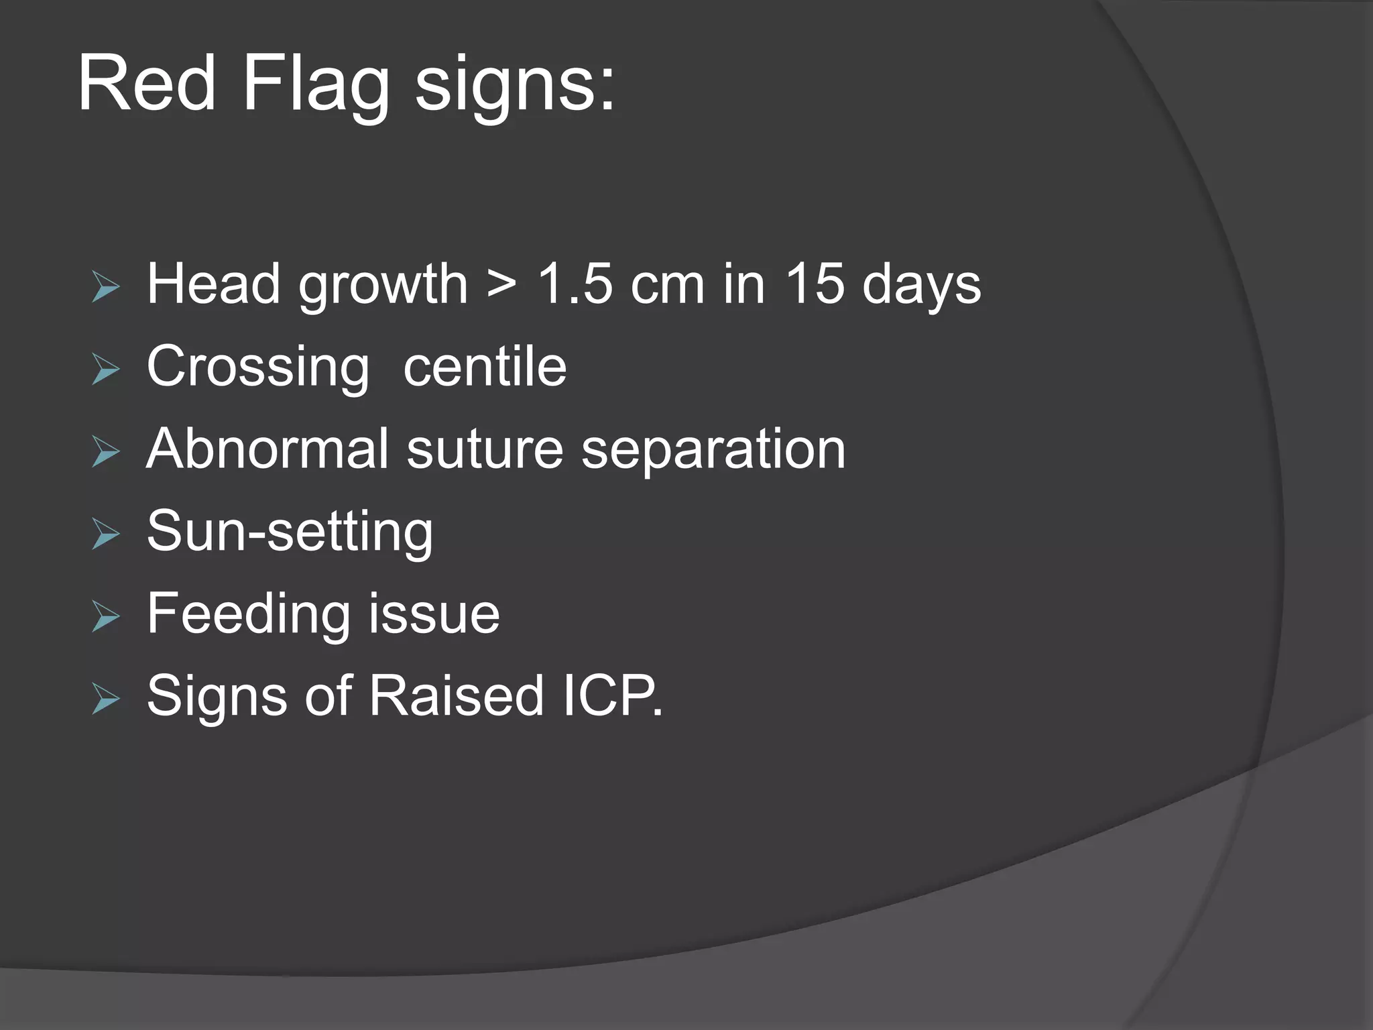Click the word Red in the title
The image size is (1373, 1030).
pyautogui.click(x=147, y=84)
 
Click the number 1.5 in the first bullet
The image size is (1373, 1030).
pyautogui.click(x=575, y=284)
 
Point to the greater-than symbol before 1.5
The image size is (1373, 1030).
pyautogui.click(x=502, y=284)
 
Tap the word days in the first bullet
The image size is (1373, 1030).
pyautogui.click(x=921, y=284)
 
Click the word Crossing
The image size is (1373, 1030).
pyautogui.click(x=258, y=367)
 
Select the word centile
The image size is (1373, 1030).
pyautogui.click(x=485, y=367)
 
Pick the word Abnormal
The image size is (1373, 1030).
pyautogui.click(x=267, y=449)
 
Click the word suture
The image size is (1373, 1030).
pyautogui.click(x=485, y=449)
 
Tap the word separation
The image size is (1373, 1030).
pyautogui.click(x=713, y=449)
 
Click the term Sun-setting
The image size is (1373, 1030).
pyautogui.click(x=290, y=531)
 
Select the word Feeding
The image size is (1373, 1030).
pyautogui.click(x=249, y=614)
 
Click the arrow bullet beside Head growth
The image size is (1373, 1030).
pyautogui.click(x=106, y=288)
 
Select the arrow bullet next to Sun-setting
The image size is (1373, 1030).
pyautogui.click(x=106, y=534)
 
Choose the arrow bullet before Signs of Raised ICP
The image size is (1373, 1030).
pyautogui.click(x=106, y=699)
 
